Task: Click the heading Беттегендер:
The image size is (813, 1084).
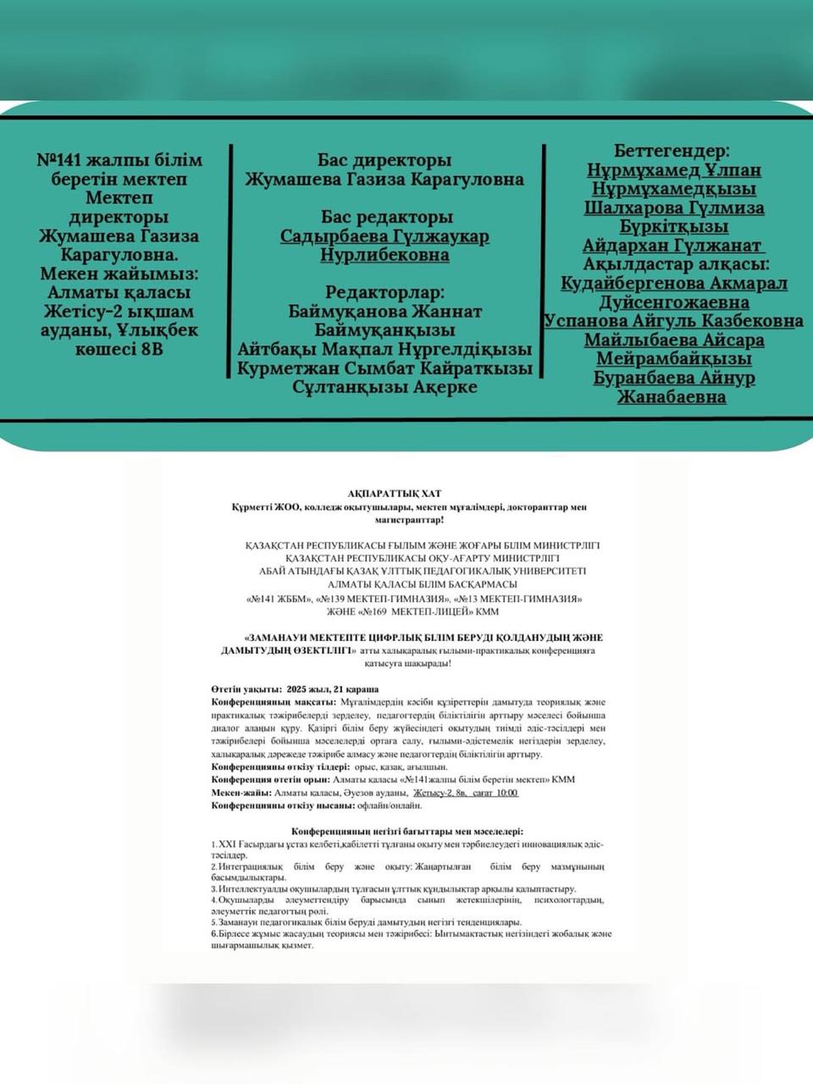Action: point(672,152)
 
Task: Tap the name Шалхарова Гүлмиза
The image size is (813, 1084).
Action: point(674,208)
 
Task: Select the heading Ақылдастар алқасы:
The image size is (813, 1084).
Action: point(672,264)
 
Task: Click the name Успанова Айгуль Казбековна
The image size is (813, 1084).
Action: point(673,321)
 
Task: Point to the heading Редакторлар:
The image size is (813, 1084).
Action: point(384,293)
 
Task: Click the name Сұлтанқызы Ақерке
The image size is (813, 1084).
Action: point(384,387)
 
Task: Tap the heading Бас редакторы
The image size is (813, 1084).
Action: point(384,218)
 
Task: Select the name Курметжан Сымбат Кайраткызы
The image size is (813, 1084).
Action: point(384,368)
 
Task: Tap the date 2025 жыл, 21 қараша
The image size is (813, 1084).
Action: point(333,689)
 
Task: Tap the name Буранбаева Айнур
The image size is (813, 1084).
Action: point(673,378)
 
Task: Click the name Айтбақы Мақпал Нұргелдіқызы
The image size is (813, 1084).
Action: point(384,349)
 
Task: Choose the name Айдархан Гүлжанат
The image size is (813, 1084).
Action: point(673,246)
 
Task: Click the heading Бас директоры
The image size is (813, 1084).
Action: point(384,161)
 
